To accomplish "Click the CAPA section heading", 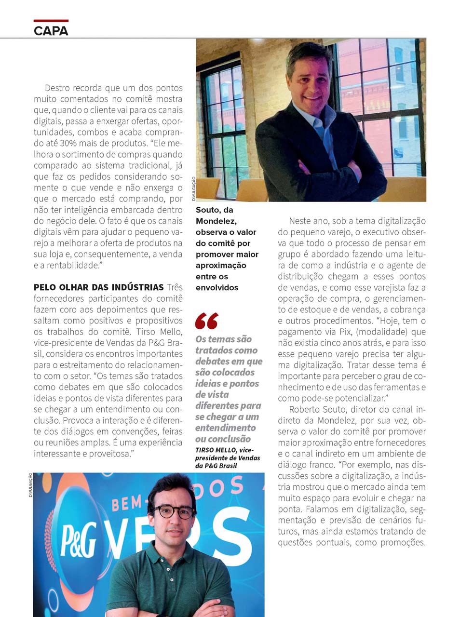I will pos(51,31).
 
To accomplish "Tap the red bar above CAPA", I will pos(51,21).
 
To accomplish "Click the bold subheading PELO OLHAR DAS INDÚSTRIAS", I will pos(98,287).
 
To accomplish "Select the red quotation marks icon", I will pos(206,321).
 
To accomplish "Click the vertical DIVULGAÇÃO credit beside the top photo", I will pos(193,188).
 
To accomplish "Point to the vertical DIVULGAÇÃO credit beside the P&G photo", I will pos(30,484).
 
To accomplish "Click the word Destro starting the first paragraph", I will pos(58,88).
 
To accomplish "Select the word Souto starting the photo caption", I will pos(208,210).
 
